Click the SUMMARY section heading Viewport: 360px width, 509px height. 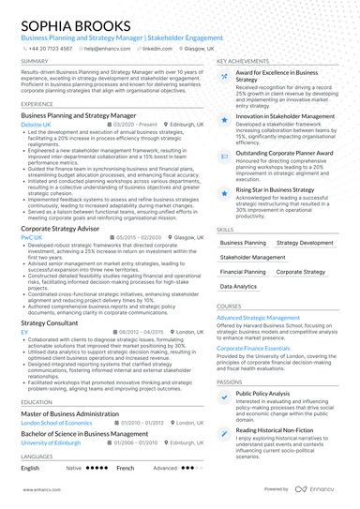click(x=35, y=61)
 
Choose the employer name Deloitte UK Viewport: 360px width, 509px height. click(x=37, y=123)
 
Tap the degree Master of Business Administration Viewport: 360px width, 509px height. click(x=70, y=413)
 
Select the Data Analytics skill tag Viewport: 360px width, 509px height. click(x=238, y=287)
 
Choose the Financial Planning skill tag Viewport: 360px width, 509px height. click(x=243, y=272)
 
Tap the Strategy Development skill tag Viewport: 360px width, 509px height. click(x=305, y=242)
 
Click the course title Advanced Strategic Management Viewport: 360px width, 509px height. click(x=259, y=318)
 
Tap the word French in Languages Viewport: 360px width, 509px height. click(x=126, y=467)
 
